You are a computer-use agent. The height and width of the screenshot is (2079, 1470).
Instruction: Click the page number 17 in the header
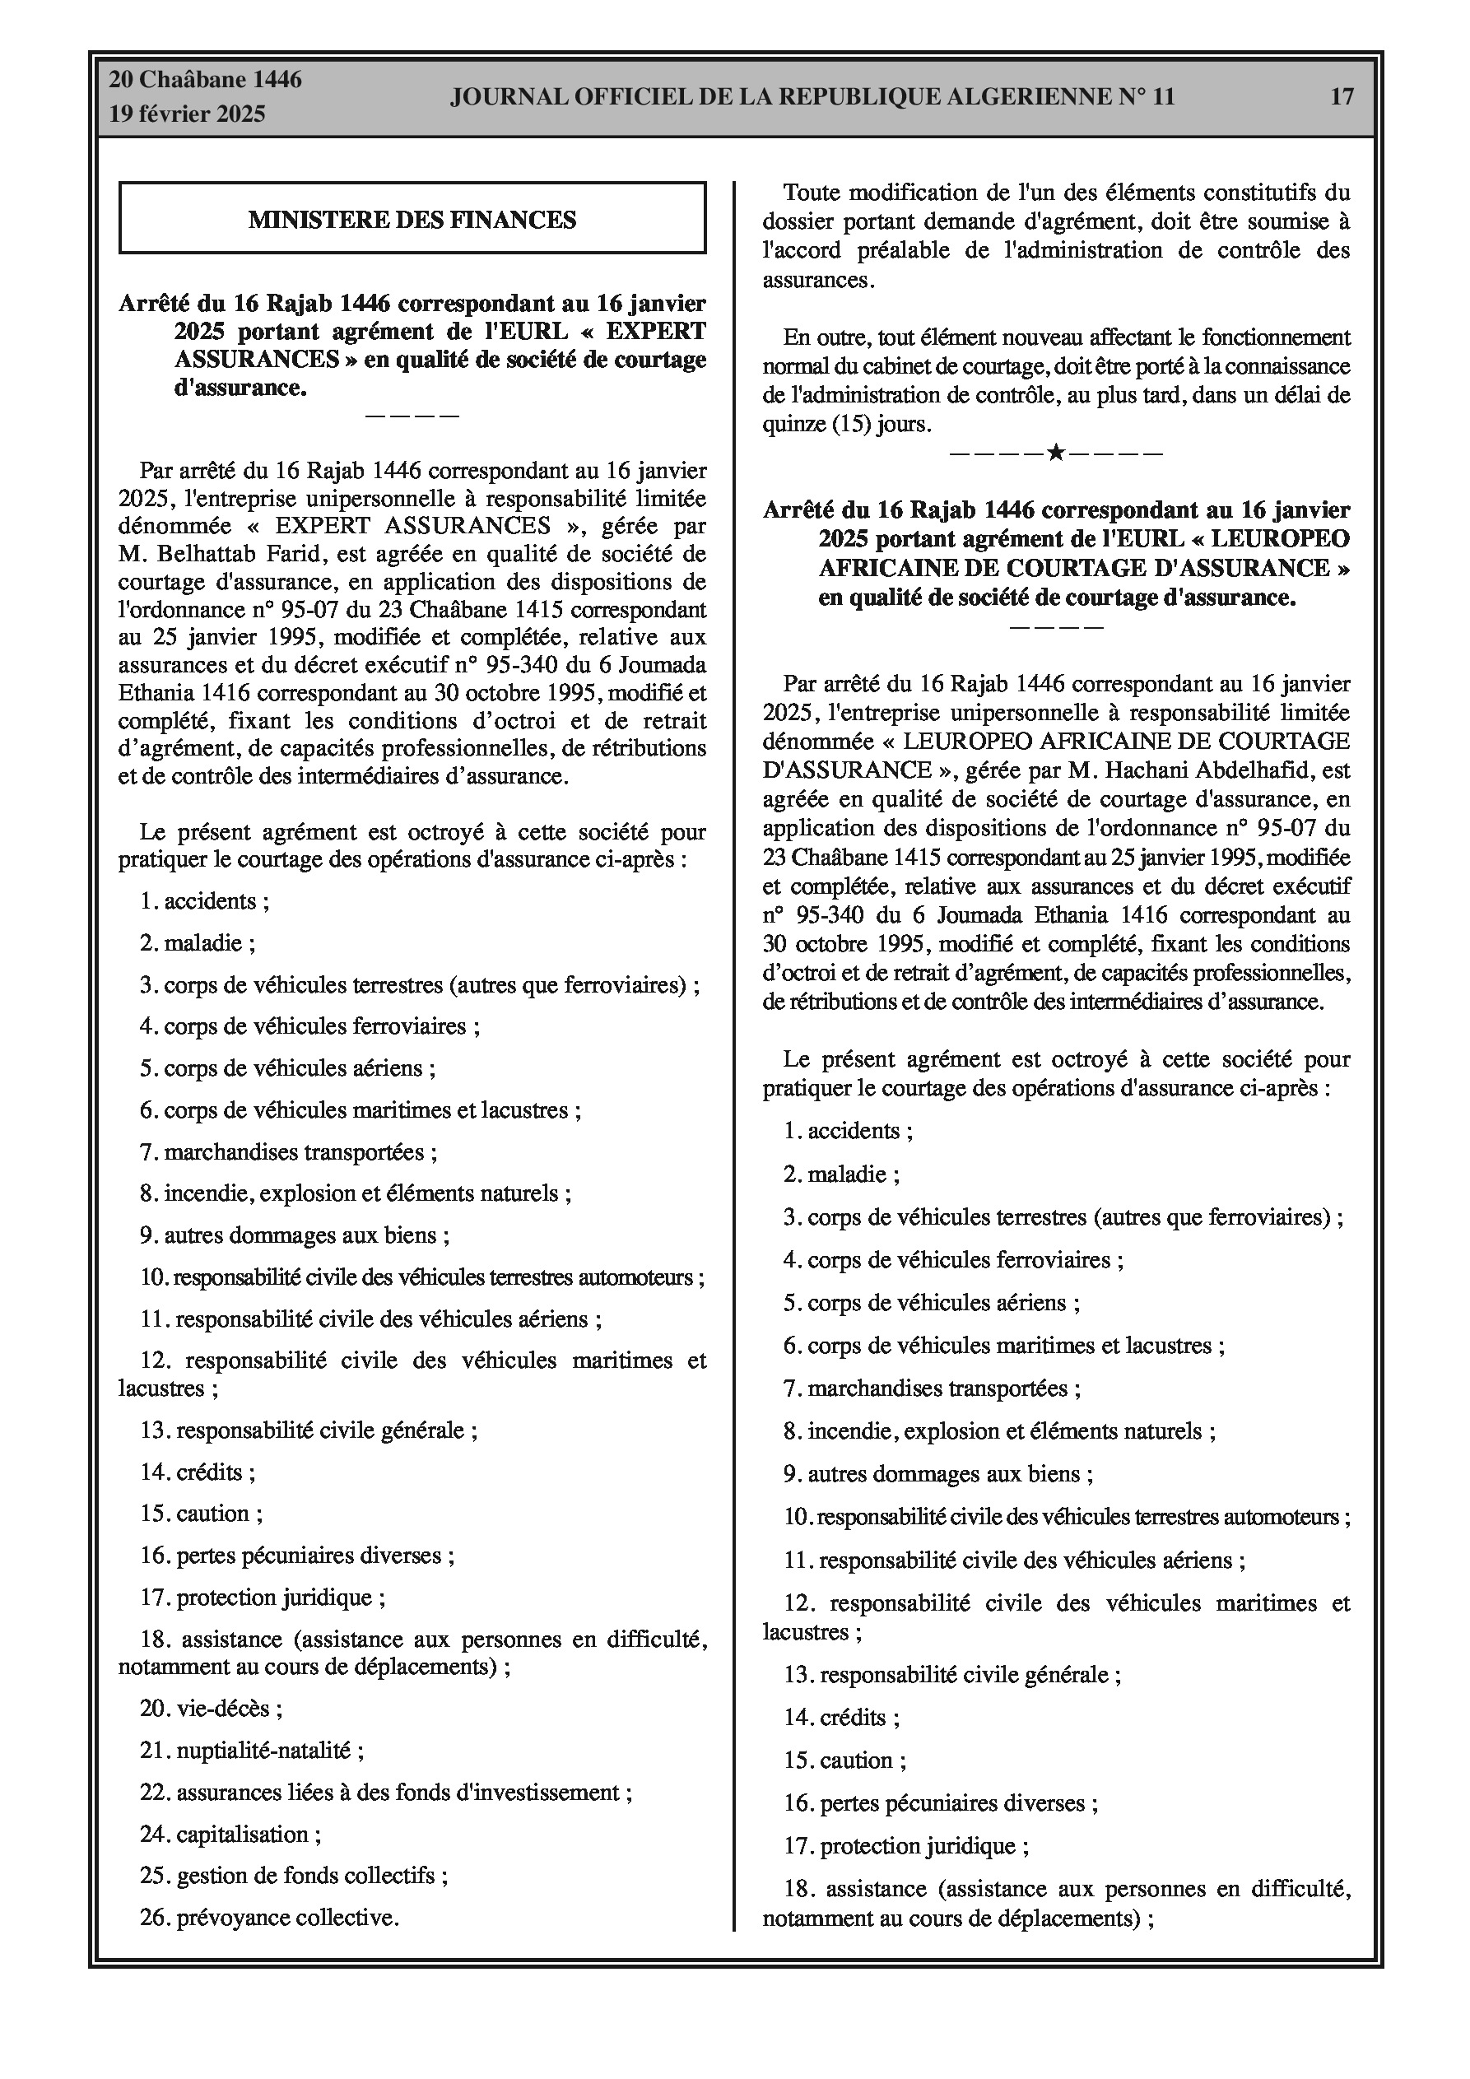pyautogui.click(x=1342, y=97)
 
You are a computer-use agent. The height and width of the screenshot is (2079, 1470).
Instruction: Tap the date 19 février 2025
pyautogui.click(x=188, y=114)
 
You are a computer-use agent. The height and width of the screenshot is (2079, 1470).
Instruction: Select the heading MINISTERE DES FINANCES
pyautogui.click(x=412, y=219)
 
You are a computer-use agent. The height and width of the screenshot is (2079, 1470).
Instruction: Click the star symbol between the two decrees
pyautogui.click(x=1055, y=452)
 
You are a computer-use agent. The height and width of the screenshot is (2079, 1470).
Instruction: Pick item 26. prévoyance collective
pyautogui.click(x=269, y=1917)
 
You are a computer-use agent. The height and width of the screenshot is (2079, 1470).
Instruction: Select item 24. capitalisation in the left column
pyautogui.click(x=230, y=1834)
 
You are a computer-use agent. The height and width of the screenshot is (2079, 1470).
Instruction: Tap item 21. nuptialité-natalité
pyautogui.click(x=252, y=1751)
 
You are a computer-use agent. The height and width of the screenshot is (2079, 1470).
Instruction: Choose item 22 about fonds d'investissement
pyautogui.click(x=386, y=1792)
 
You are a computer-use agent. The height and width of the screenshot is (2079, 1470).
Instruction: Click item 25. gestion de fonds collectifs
pyautogui.click(x=294, y=1875)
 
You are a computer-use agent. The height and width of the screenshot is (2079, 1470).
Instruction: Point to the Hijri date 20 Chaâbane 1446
pyautogui.click(x=206, y=80)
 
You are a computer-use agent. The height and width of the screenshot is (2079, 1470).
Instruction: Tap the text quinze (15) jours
pyautogui.click(x=846, y=424)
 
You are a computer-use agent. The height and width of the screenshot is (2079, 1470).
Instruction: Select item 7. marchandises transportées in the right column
pyautogui.click(x=932, y=1388)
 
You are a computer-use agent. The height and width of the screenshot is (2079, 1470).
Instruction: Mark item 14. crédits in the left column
pyautogui.click(x=198, y=1472)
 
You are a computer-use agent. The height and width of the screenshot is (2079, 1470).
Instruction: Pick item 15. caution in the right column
pyautogui.click(x=844, y=1761)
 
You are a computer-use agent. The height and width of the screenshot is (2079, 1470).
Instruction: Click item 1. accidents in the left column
pyautogui.click(x=205, y=901)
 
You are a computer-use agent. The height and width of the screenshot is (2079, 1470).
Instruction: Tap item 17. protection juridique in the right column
pyautogui.click(x=905, y=1846)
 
